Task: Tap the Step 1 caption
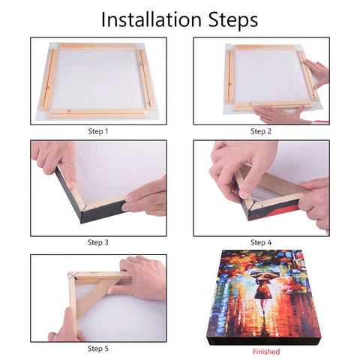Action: (x=97, y=131)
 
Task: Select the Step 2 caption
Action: (x=261, y=131)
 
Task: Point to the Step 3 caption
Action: (x=97, y=242)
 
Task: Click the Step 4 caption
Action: (x=261, y=242)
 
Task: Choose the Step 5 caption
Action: (x=97, y=349)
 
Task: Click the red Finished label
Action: (x=265, y=351)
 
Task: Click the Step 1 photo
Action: (x=97, y=81)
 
